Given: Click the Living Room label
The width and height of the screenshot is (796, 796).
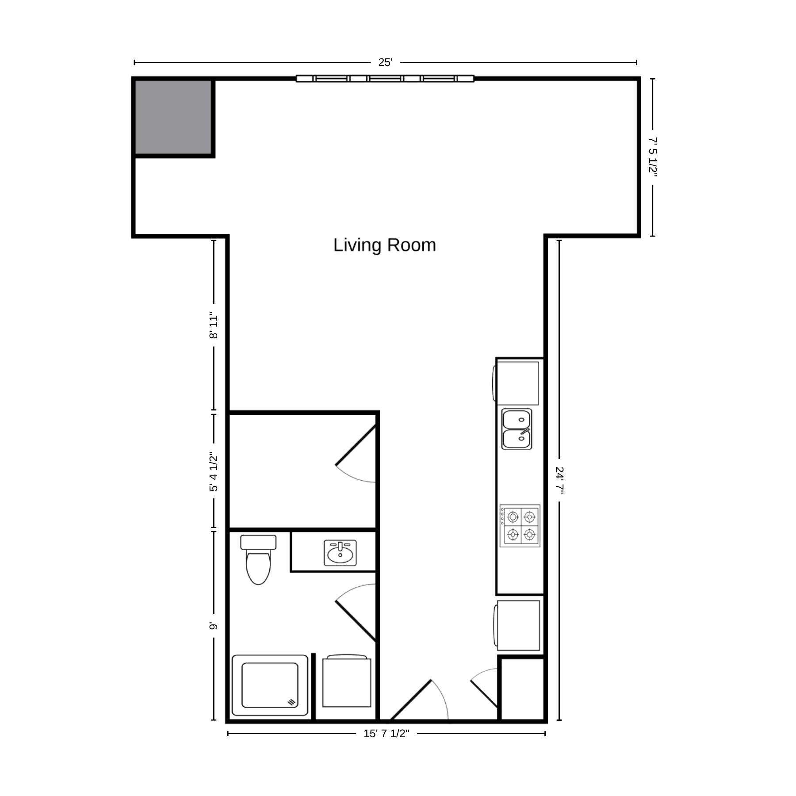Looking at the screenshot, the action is (385, 245).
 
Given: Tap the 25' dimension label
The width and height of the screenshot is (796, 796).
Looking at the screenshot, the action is (385, 62).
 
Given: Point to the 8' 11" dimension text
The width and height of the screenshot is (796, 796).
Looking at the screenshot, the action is (214, 327).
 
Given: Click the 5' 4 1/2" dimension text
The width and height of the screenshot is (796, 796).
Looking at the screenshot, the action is (214, 471).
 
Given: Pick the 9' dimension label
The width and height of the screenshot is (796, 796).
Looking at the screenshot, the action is (214, 627).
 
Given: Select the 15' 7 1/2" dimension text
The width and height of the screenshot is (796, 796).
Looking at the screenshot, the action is (386, 734).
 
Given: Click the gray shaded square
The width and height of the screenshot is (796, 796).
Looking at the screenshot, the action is (173, 117).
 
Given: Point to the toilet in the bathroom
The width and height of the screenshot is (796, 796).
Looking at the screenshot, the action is (258, 559).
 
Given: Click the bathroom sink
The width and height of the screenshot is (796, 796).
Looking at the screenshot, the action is (340, 553).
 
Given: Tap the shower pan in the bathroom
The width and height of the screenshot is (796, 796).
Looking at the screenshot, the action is (270, 685).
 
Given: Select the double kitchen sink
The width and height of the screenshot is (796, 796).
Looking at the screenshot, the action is (517, 429).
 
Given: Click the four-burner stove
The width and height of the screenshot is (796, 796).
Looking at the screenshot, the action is (520, 526).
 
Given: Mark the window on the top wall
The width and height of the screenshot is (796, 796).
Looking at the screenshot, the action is (385, 79).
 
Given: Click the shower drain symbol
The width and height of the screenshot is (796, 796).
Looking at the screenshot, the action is (291, 702).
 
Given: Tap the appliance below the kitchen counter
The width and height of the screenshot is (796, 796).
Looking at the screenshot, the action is (517, 625).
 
